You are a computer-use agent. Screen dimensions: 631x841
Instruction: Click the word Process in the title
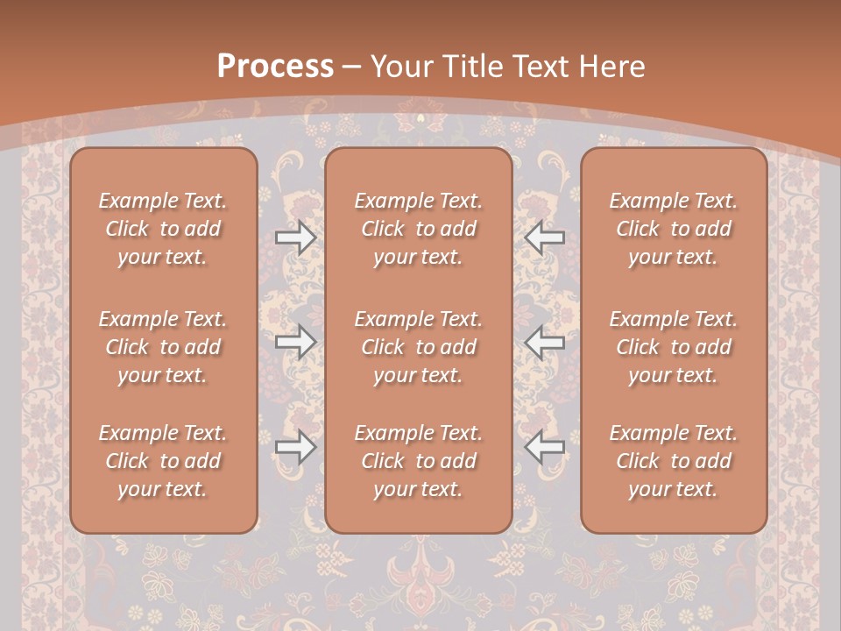(275, 67)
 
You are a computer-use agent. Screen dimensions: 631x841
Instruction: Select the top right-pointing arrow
(295, 238)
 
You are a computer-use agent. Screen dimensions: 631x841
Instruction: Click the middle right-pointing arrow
(295, 342)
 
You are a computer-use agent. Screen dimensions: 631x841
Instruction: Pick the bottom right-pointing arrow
(295, 447)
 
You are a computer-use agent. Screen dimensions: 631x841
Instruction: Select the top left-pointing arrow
(545, 238)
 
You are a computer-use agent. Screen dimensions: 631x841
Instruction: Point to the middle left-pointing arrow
(545, 342)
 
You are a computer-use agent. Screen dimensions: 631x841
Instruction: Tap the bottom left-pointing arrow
(545, 447)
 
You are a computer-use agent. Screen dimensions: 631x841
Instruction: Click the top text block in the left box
(163, 229)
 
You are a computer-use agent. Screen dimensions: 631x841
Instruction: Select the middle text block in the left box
(163, 347)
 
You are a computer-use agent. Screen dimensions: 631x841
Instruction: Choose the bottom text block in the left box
(163, 461)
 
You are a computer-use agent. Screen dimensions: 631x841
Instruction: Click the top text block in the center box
(419, 229)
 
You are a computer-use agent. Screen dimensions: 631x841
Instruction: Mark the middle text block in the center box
(419, 347)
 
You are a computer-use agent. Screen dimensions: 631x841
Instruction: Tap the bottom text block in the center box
(419, 461)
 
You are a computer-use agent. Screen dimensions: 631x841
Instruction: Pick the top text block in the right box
(674, 229)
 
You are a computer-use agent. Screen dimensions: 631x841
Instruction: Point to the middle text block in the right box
(674, 347)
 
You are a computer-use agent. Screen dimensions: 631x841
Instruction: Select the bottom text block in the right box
(674, 461)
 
